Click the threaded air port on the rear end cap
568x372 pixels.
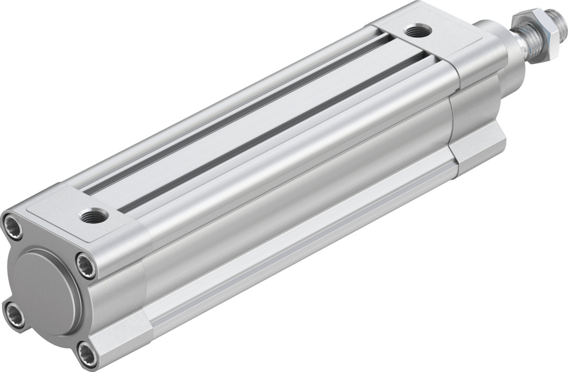[94, 216]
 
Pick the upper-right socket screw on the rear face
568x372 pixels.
[86, 265]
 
